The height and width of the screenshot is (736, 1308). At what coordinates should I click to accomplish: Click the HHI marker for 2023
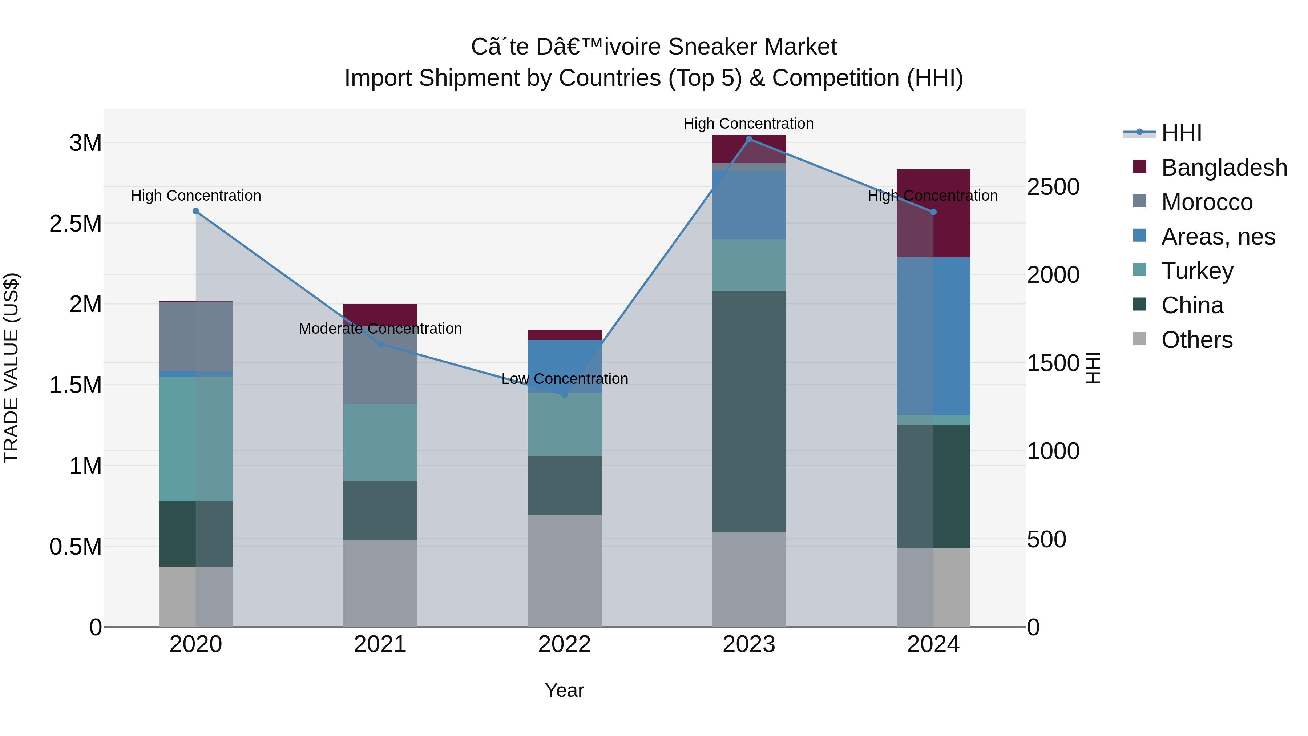(x=748, y=139)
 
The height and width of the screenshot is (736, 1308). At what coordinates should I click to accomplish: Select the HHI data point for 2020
(x=196, y=211)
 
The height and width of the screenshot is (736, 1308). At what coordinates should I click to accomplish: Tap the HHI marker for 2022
(x=564, y=394)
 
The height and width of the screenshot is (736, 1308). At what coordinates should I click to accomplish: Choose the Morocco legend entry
(x=1193, y=202)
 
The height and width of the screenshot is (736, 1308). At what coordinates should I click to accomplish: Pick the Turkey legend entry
(x=1183, y=271)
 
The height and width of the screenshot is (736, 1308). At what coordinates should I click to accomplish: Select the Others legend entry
(x=1183, y=340)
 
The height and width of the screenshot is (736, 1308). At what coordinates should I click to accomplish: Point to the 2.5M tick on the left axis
(x=76, y=224)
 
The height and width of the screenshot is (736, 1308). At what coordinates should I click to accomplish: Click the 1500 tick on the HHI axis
(x=1053, y=363)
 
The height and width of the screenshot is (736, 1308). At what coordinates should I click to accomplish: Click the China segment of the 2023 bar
(x=748, y=412)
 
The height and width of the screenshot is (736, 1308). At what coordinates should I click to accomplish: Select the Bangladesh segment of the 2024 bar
(x=933, y=213)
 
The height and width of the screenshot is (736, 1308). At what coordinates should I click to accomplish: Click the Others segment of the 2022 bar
(x=564, y=571)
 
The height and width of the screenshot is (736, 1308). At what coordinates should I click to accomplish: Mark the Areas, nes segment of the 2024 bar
(x=933, y=336)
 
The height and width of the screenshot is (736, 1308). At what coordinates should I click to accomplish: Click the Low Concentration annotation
(x=565, y=379)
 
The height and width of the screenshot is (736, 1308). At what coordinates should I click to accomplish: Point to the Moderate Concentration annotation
(x=380, y=329)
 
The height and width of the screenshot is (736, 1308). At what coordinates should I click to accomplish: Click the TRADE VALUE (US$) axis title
(x=11, y=368)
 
